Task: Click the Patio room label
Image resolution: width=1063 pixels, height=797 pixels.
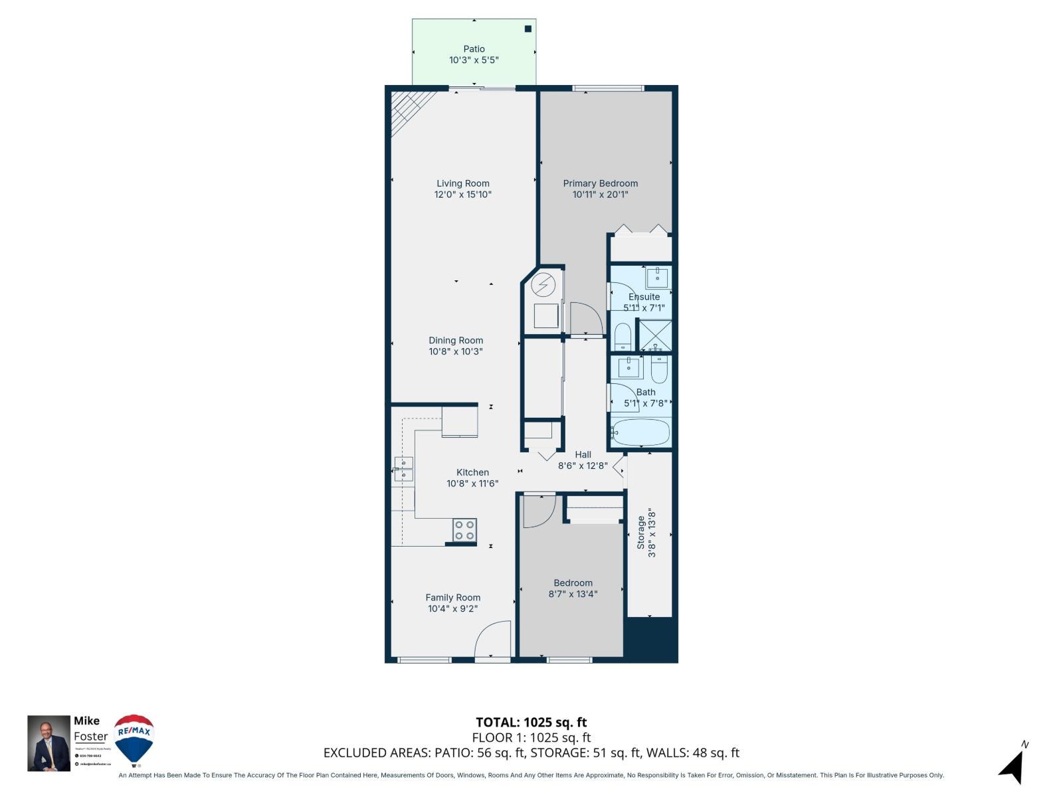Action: [474, 49]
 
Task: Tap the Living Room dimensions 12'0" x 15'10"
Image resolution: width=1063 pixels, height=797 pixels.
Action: [463, 195]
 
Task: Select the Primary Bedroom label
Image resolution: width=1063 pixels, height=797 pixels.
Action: [600, 183]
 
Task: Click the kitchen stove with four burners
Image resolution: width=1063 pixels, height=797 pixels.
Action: [464, 530]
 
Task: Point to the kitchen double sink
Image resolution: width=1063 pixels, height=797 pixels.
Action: [403, 468]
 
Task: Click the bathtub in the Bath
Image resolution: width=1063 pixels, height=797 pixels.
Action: [641, 432]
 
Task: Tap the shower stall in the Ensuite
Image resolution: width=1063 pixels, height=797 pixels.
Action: [654, 335]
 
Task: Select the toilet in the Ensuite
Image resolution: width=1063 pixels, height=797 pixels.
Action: [623, 337]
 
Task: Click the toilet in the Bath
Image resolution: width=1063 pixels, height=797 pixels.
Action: [658, 369]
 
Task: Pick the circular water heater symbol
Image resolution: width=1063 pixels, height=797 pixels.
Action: [543, 286]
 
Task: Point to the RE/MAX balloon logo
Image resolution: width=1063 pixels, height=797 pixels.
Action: [134, 739]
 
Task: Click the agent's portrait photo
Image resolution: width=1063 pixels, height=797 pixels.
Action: [48, 743]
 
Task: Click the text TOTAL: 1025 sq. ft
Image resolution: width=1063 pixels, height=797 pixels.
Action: [531, 722]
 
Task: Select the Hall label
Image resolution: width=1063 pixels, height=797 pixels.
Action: [583, 455]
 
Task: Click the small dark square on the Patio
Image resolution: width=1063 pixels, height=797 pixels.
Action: [528, 29]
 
